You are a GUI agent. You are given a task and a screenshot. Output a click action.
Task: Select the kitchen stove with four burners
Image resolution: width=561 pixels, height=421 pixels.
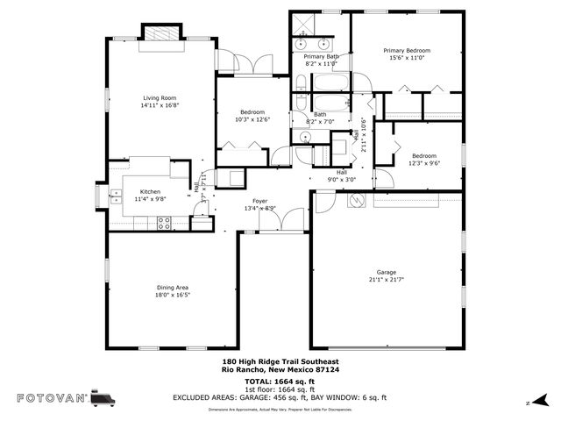pyautogui.click(x=163, y=223)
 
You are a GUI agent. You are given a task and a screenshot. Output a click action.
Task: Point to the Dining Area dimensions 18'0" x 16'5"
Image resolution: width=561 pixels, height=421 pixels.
pyautogui.click(x=172, y=296)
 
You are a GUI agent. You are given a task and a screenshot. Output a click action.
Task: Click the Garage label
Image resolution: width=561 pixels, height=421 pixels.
pyautogui.click(x=387, y=272)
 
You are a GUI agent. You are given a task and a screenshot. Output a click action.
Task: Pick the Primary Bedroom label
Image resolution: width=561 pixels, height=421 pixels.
pyautogui.click(x=406, y=51)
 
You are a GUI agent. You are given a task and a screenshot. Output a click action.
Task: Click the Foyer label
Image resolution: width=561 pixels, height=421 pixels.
pyautogui.click(x=259, y=200)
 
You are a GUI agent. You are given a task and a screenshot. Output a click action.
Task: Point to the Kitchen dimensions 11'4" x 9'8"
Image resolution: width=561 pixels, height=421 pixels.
pyautogui.click(x=150, y=199)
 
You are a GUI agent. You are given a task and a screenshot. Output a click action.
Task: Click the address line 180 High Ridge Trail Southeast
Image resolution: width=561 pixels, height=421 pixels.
pyautogui.click(x=280, y=360)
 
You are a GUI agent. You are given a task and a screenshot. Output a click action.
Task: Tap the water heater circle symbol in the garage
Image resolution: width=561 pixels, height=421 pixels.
pyautogui.click(x=357, y=201)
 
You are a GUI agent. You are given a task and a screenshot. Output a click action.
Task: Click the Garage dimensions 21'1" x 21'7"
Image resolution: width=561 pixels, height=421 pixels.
pyautogui.click(x=387, y=280)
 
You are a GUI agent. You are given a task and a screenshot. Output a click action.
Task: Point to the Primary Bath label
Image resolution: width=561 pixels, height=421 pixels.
pyautogui.click(x=321, y=56)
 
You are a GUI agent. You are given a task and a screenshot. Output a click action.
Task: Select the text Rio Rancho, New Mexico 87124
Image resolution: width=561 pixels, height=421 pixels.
pyautogui.click(x=280, y=368)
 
